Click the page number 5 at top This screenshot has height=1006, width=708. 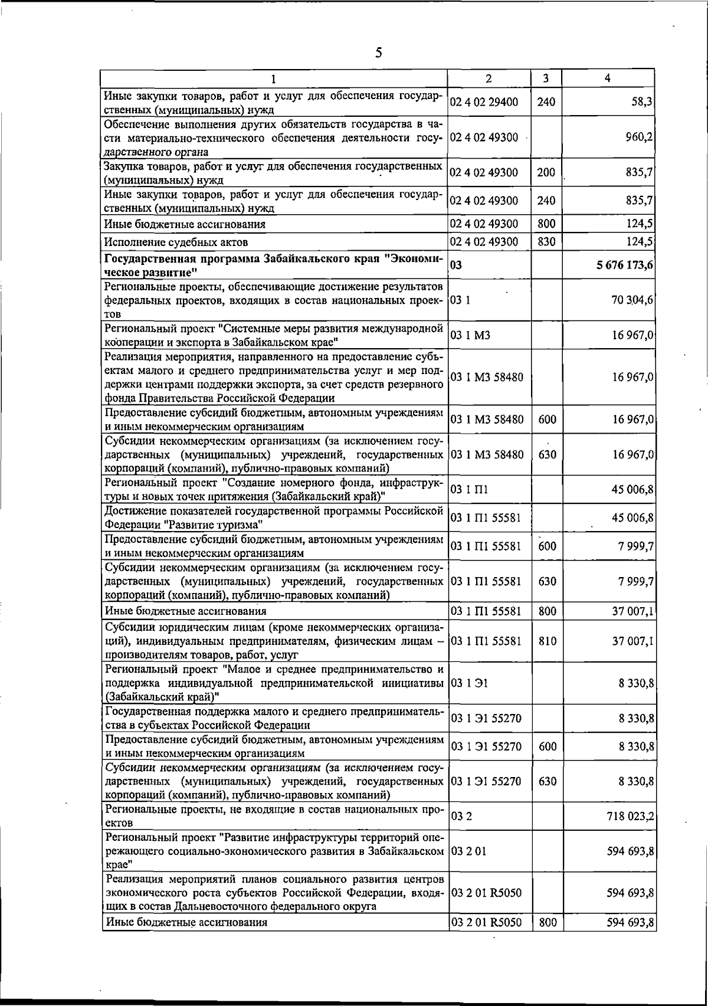(x=379, y=53)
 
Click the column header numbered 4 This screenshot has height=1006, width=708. (x=608, y=78)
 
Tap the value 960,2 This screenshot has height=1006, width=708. (x=638, y=137)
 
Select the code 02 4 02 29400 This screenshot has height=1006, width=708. (x=484, y=102)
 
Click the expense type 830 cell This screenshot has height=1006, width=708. (x=546, y=242)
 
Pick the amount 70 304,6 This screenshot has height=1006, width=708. (x=632, y=300)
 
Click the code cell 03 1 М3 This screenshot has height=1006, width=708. (x=470, y=335)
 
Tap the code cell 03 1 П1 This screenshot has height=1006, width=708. (x=470, y=490)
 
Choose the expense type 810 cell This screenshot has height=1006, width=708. (x=547, y=641)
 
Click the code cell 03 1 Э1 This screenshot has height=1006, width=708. (x=470, y=683)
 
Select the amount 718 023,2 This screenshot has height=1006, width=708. (x=630, y=817)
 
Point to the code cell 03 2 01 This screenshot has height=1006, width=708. (x=469, y=851)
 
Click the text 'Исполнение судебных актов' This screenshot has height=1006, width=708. (x=176, y=242)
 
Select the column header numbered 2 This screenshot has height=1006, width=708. (x=489, y=78)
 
